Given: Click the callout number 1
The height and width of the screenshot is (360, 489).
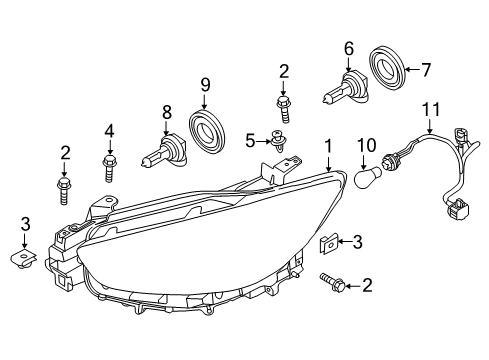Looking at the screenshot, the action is tap(329, 147).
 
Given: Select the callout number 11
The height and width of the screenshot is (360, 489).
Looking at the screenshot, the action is tap(431, 109).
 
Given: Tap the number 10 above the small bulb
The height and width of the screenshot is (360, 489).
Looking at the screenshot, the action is tap(367, 145).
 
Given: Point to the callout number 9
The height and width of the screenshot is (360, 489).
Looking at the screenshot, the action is tap(205, 85).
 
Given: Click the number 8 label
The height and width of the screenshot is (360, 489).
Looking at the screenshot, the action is tap(167, 112).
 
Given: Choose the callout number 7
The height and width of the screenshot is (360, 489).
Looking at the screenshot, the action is tap(426, 70).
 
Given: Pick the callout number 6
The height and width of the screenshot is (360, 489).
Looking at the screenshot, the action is tap(349, 49).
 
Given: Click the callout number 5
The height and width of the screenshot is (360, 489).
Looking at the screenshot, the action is tap(250, 141).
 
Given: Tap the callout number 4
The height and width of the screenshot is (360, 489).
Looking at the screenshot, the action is tap(109, 131).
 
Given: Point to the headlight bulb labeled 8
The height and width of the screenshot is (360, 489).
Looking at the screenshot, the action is tap(164, 151).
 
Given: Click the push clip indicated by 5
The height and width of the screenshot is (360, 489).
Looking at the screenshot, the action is tap(278, 141).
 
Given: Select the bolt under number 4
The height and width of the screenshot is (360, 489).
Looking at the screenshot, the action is tap(109, 168).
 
